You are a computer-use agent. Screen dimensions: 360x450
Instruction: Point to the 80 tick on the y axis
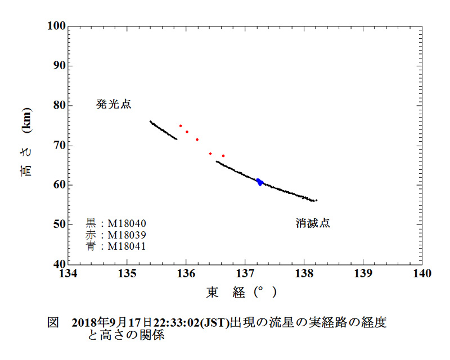click(x=68, y=105)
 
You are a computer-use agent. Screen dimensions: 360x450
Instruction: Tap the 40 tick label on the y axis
click(x=58, y=264)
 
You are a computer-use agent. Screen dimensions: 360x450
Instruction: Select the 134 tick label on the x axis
click(x=68, y=273)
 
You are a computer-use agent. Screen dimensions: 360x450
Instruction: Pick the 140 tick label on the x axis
click(x=422, y=273)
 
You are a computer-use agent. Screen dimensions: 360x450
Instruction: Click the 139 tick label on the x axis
click(x=363, y=273)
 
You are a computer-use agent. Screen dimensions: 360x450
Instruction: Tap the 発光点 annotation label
click(x=114, y=104)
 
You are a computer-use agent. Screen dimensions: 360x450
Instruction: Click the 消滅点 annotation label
click(x=313, y=223)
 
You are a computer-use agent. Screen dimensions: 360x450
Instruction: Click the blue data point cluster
click(x=259, y=182)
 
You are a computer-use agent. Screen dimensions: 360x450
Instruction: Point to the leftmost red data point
click(x=181, y=126)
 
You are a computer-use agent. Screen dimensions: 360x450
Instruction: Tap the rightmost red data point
click(x=223, y=156)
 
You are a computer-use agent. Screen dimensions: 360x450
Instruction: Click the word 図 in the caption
click(x=53, y=323)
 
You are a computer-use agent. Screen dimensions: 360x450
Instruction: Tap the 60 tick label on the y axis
click(x=58, y=184)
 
